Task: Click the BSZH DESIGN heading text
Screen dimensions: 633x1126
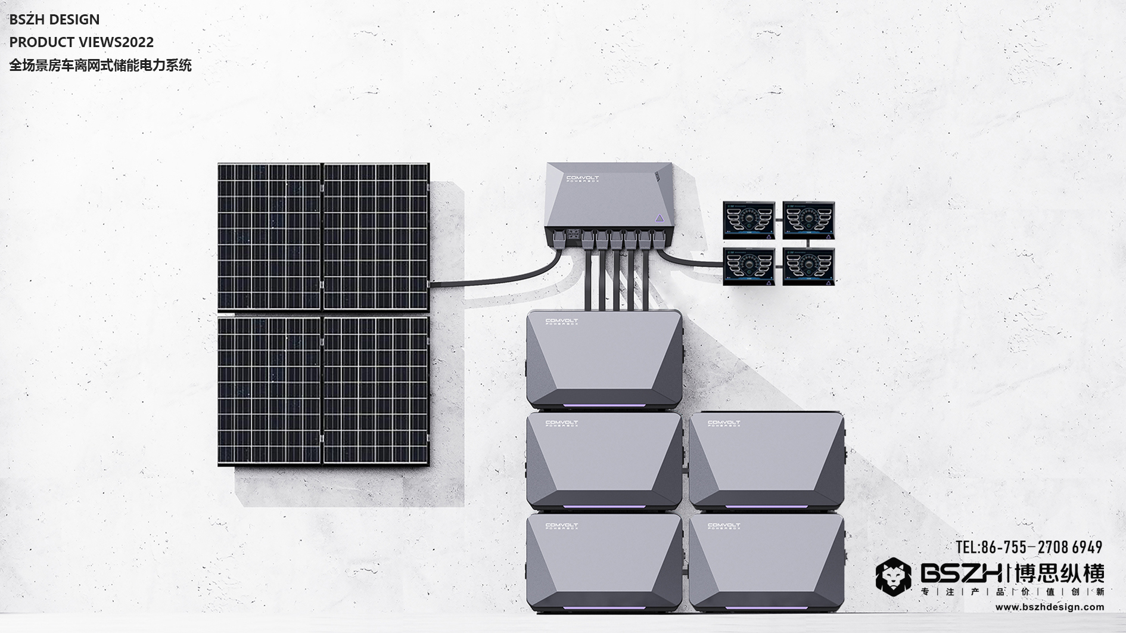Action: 54,20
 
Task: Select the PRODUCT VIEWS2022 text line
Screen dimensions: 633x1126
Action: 81,42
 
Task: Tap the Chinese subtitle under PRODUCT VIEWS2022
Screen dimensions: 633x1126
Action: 100,66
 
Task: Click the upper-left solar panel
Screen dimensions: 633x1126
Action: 269,236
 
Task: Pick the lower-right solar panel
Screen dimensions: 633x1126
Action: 375,390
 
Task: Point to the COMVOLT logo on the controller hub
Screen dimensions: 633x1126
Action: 582,178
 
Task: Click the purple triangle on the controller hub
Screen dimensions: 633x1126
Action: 660,218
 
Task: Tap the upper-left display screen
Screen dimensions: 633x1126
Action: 749,220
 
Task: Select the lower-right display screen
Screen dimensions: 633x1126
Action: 808,266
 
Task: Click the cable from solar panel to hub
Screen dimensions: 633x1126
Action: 494,279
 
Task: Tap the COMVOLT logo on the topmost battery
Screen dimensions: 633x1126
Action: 561,322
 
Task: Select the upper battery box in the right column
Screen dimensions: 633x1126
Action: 767,460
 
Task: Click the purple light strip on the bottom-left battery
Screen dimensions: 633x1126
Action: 604,609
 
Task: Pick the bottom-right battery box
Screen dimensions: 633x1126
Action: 767,562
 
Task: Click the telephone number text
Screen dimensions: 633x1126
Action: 1029,547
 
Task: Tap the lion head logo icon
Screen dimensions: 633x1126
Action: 892,577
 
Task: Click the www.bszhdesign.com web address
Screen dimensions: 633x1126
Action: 1049,607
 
